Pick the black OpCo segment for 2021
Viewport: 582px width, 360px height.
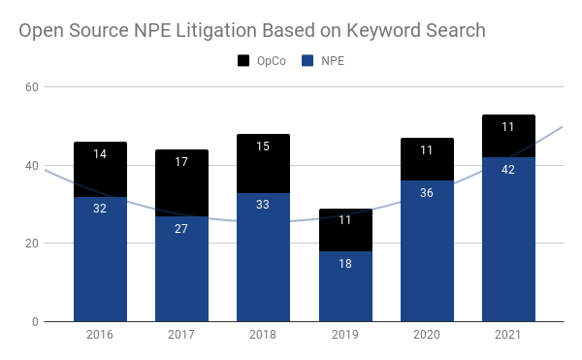point(507,136)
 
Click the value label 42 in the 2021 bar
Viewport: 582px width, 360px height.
point(507,169)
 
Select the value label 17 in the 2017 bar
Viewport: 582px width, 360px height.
point(181,162)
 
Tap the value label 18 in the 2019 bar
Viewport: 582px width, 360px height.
point(344,263)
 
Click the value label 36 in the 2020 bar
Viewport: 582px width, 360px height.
point(426,193)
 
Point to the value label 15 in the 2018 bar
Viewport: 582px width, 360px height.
point(263,147)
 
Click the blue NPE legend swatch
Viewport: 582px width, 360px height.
point(307,60)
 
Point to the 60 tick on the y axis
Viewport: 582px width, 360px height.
point(31,87)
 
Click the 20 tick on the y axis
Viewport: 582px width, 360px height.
point(31,244)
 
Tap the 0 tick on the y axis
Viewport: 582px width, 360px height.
point(34,322)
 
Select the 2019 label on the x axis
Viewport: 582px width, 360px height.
point(344,336)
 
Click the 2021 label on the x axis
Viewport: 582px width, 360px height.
point(507,336)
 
